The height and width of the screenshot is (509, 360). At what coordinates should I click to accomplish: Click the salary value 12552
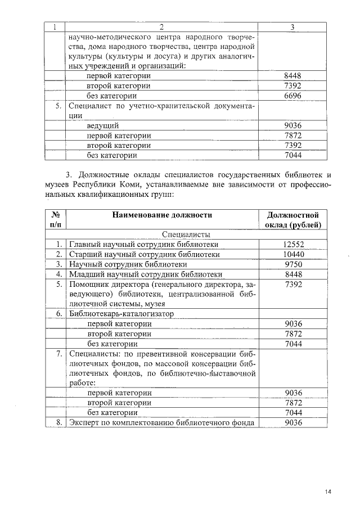pyautogui.click(x=293, y=244)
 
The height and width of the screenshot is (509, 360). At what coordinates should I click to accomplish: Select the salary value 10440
pyautogui.click(x=293, y=254)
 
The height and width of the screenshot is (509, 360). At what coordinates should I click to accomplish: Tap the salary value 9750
pyautogui.click(x=293, y=264)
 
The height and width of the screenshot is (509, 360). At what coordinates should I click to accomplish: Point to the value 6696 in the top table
pyautogui.click(x=293, y=96)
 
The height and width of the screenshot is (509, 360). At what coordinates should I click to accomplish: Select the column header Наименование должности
pyautogui.click(x=161, y=215)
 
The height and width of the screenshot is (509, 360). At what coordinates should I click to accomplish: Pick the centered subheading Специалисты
pyautogui.click(x=186, y=234)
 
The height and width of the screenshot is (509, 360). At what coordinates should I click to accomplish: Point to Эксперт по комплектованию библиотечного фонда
pyautogui.click(x=161, y=422)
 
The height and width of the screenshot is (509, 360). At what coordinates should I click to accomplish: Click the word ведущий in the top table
pyautogui.click(x=102, y=125)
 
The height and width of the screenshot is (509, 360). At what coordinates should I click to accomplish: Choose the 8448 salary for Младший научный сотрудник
pyautogui.click(x=293, y=274)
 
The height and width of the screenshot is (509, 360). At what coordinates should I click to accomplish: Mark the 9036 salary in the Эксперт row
pyautogui.click(x=293, y=422)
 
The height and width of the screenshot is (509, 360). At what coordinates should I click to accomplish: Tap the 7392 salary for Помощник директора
pyautogui.click(x=293, y=284)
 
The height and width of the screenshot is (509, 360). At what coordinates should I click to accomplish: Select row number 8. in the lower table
pyautogui.click(x=58, y=422)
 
